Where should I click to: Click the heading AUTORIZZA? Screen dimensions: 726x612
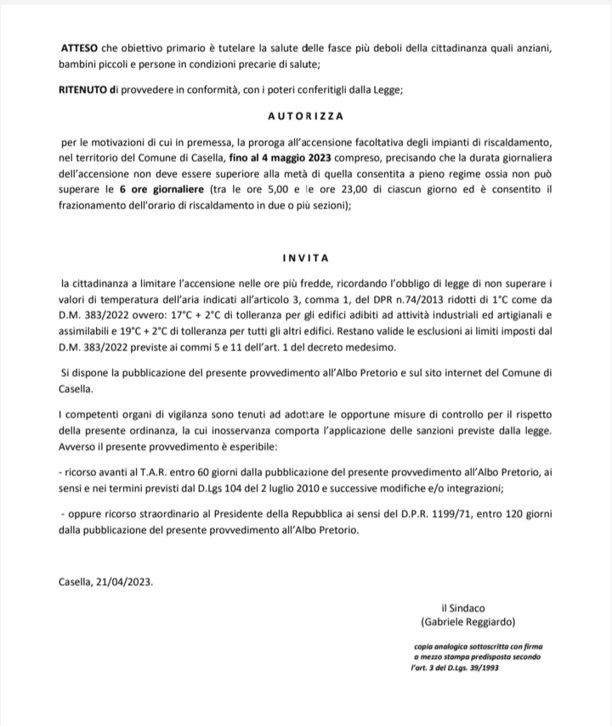[x=305, y=113]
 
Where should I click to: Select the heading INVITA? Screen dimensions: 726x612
[x=305, y=256]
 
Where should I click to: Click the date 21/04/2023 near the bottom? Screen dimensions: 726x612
[x=127, y=582]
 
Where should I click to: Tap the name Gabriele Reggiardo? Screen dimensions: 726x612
[x=474, y=621]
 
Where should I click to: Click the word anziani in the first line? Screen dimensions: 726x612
[x=535, y=48]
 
